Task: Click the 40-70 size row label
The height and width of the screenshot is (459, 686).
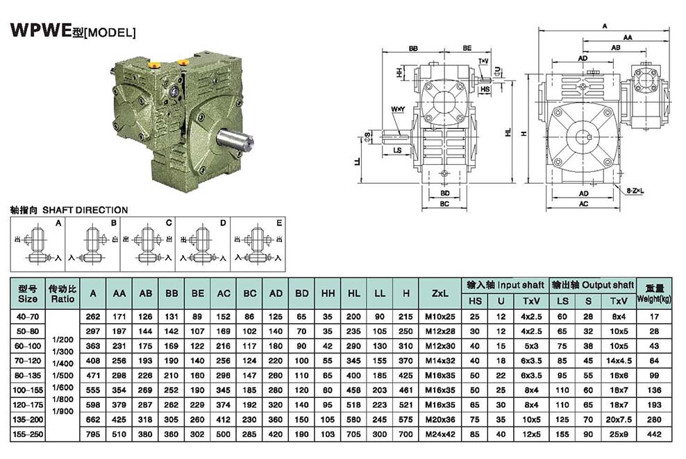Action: pos(27,315)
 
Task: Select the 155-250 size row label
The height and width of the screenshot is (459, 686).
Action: pos(27,433)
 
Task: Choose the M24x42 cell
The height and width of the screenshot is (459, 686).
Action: pos(440,433)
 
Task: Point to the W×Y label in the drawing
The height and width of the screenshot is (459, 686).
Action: pos(397,110)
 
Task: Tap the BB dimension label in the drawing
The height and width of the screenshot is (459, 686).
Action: pos(413,49)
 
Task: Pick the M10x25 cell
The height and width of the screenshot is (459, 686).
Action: pos(440,315)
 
